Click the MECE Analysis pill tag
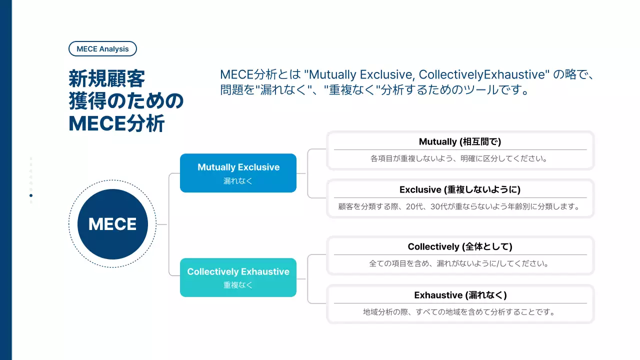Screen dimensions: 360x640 pyautogui.click(x=102, y=49)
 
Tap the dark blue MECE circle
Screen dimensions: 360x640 pyautogui.click(x=112, y=224)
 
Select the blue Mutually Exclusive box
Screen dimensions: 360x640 pyautogui.click(x=238, y=173)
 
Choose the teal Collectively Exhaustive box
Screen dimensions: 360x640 pyautogui.click(x=238, y=277)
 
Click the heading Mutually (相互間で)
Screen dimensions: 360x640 pyautogui.click(x=460, y=142)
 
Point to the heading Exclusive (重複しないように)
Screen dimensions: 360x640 pyautogui.click(x=460, y=190)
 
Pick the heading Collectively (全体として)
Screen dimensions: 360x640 pyautogui.click(x=460, y=246)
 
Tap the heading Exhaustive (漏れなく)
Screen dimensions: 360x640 pyautogui.click(x=460, y=295)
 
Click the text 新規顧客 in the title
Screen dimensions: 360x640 pyautogui.click(x=107, y=79)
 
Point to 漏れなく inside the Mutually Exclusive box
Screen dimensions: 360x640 pyautogui.click(x=238, y=181)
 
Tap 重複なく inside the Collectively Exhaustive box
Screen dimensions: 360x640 pyautogui.click(x=238, y=285)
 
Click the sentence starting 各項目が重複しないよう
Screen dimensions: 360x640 pyautogui.click(x=460, y=158)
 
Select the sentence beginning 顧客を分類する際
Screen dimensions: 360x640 pyautogui.click(x=460, y=206)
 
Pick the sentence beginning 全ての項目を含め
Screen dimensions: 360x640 pyautogui.click(x=460, y=263)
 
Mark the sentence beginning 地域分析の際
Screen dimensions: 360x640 pyautogui.click(x=460, y=312)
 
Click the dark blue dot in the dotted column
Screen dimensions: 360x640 pyautogui.click(x=31, y=195)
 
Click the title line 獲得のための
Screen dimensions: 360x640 pyautogui.click(x=126, y=101)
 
